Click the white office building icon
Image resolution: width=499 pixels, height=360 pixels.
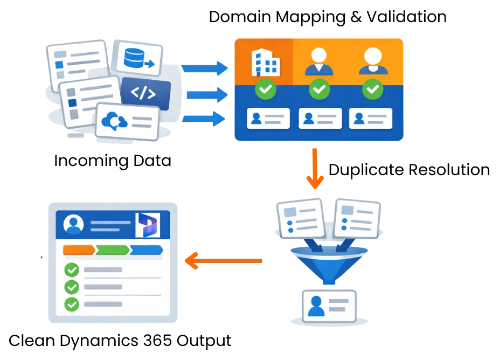(266, 63)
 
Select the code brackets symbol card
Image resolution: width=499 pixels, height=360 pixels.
(144, 93)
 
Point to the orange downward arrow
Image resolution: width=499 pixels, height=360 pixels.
(315, 168)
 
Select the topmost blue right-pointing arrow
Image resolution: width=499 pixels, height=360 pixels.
(205, 68)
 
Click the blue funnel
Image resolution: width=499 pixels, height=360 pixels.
(329, 261)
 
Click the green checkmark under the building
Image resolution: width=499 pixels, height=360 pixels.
(266, 89)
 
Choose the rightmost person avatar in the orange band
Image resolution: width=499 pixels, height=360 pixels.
(373, 61)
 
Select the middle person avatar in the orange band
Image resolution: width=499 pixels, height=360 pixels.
(319, 61)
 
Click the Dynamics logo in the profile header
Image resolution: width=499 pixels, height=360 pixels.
(148, 224)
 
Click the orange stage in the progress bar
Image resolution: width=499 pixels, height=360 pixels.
(80, 250)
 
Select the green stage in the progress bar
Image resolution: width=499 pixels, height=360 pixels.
(113, 250)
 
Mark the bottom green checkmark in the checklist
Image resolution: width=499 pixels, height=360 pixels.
(72, 304)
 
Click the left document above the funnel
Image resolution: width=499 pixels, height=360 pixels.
(300, 219)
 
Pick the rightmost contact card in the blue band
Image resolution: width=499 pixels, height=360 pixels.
(371, 119)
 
